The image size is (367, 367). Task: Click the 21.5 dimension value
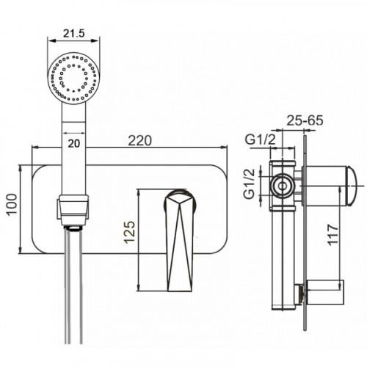click(73, 33)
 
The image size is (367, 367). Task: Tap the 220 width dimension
click(140, 140)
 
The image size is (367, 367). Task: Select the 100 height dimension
click(12, 205)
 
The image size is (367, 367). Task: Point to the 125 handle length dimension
click(129, 232)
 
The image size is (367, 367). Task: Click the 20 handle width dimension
click(74, 143)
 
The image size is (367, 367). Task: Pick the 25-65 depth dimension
click(305, 120)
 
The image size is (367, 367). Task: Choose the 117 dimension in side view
click(333, 234)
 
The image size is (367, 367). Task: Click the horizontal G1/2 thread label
click(261, 140)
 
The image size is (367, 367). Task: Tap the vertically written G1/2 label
click(250, 184)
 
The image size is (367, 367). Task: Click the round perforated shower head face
click(73, 79)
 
